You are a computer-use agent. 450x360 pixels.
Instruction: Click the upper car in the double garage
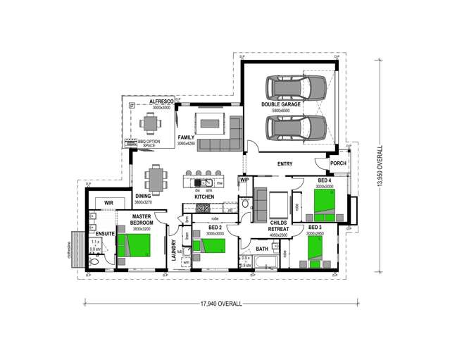pyautogui.click(x=296, y=88)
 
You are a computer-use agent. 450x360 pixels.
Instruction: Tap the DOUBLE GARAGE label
pyautogui.click(x=281, y=105)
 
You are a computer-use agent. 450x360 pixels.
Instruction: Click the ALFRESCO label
pyautogui.click(x=161, y=101)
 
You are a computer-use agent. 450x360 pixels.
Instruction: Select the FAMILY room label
pyautogui.click(x=186, y=137)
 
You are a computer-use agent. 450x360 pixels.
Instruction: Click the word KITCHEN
pyautogui.click(x=204, y=197)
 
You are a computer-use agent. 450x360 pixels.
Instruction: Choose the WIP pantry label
pyautogui.click(x=244, y=180)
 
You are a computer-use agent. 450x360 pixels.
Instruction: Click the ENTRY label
pyautogui.click(x=285, y=164)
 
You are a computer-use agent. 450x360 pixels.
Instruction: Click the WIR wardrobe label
pyautogui.click(x=109, y=203)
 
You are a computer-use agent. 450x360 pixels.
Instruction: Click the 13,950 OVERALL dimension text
pyautogui.click(x=380, y=166)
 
